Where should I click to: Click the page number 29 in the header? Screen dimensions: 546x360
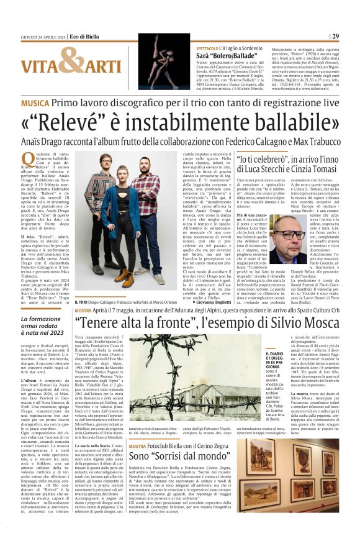tap(335, 36)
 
